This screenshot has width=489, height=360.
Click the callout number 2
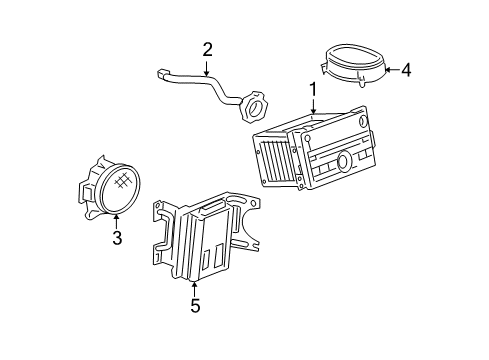[x=208, y=49]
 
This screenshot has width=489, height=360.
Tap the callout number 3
[x=117, y=238]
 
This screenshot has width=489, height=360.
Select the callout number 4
[x=408, y=70]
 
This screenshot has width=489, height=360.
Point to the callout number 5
[x=195, y=305]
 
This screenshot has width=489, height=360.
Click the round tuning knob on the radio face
[x=343, y=160]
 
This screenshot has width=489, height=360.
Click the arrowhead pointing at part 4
[x=389, y=70]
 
